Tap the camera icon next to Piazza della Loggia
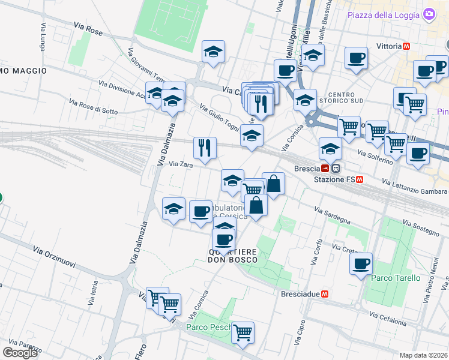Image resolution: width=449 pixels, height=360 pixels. [x=429, y=13]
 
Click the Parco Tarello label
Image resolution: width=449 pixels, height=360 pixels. [x=396, y=278]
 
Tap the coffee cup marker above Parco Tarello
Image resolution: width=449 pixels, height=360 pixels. [x=361, y=264]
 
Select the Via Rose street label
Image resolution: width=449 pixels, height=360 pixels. [x=89, y=27]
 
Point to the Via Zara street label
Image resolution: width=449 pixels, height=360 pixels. [x=180, y=164]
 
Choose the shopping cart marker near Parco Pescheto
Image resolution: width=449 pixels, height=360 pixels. [x=243, y=332]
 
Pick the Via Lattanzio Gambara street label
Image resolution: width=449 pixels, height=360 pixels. [x=414, y=185]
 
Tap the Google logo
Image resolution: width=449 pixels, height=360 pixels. [x=20, y=353]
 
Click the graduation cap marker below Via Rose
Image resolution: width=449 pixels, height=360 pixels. [x=213, y=52]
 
